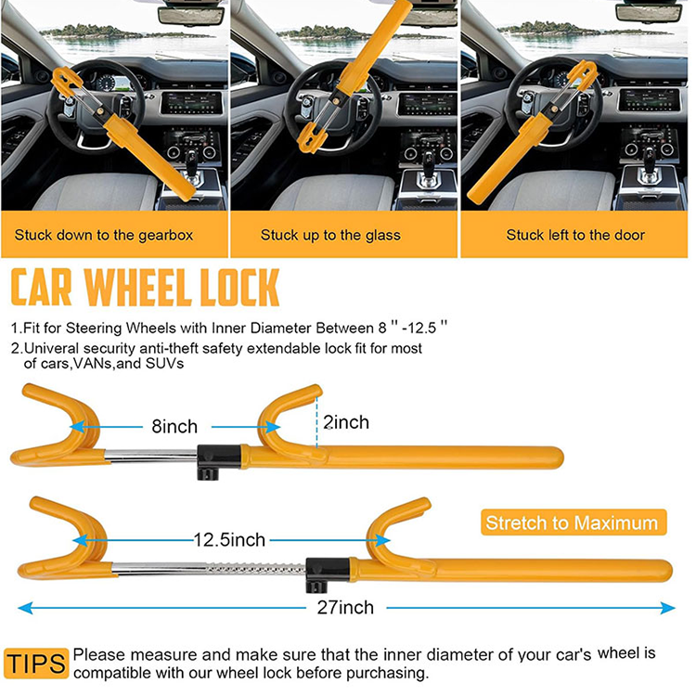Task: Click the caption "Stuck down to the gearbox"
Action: coord(116,235)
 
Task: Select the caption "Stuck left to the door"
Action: coord(575,235)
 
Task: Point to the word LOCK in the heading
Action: coord(243,288)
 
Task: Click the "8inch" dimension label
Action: coord(174,427)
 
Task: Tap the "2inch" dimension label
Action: coord(346,422)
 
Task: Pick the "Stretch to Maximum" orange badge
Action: coord(572,522)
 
